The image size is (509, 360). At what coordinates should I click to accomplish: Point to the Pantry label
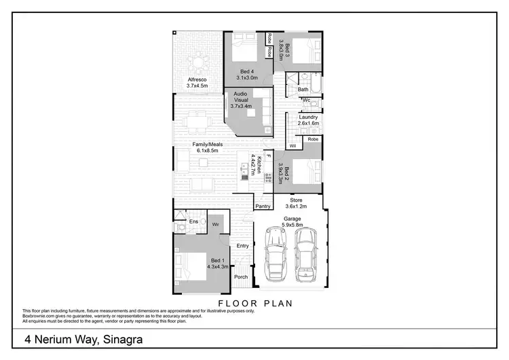point(263,206)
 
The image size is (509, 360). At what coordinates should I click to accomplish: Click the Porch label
point(241,277)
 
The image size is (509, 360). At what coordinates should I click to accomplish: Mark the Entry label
point(243,246)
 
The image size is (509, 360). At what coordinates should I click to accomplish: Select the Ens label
point(193,221)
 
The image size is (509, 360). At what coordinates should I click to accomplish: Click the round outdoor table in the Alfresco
point(198,64)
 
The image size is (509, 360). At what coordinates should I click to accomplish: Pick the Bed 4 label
point(247,71)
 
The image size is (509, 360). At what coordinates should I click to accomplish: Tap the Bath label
point(303,89)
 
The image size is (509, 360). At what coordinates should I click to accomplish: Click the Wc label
point(306,101)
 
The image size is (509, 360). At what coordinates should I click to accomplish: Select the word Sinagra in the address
point(118,338)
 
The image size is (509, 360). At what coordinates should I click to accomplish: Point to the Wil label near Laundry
point(293,145)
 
